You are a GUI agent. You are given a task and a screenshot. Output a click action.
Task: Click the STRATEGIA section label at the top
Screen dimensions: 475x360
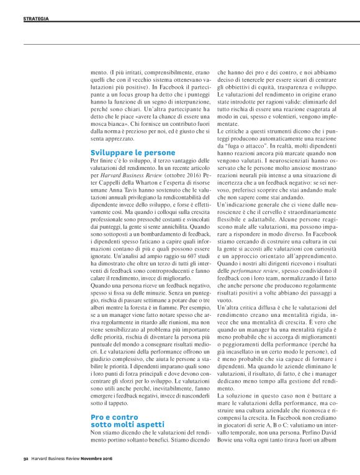(36, 19)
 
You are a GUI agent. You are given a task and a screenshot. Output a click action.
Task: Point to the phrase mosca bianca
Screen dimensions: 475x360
(112, 123)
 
